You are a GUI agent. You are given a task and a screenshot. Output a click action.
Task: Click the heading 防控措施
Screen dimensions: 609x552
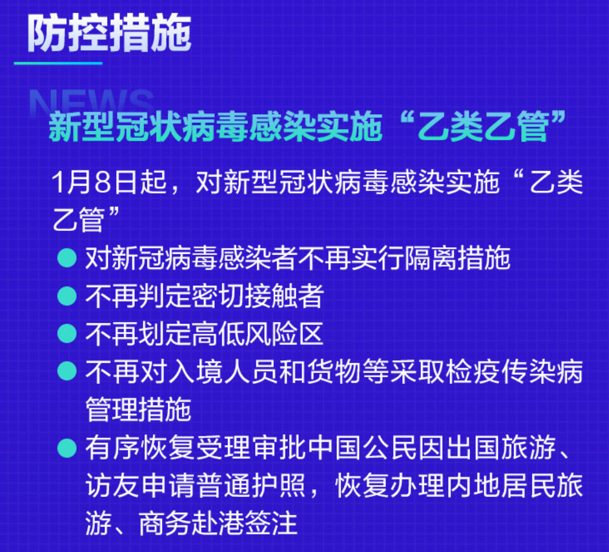(109, 34)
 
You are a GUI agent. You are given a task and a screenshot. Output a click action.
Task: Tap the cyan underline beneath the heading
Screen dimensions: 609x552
(58, 63)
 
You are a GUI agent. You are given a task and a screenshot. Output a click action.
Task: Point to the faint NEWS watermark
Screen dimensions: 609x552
(92, 102)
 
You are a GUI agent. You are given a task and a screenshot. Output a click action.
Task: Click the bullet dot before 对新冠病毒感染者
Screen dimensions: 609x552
(67, 258)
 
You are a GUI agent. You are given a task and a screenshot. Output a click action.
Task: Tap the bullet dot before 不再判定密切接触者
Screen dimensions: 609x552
(67, 296)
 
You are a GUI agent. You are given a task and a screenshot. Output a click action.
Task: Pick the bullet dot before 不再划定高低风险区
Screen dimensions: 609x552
(67, 334)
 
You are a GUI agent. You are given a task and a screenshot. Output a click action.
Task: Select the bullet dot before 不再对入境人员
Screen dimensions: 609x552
(67, 371)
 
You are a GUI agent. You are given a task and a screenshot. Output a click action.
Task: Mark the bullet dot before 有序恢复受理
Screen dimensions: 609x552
(67, 447)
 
